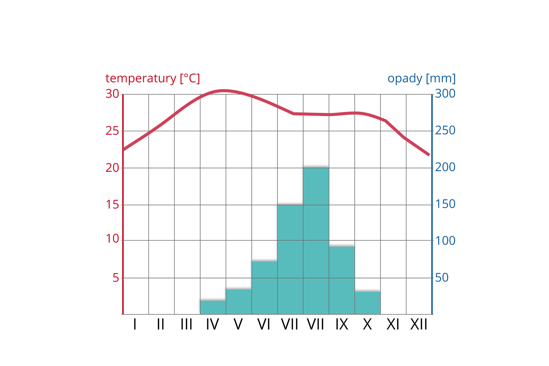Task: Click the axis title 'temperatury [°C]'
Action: pyautogui.click(x=152, y=78)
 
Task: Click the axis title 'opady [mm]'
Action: pyautogui.click(x=421, y=78)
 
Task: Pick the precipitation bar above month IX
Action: pyautogui.click(x=342, y=280)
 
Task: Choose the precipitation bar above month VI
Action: pyautogui.click(x=264, y=287)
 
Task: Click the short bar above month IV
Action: pyautogui.click(x=213, y=307)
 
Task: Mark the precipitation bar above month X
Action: pyautogui.click(x=367, y=303)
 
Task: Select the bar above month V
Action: pyautogui.click(x=239, y=302)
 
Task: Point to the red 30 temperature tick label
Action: pyautogui.click(x=112, y=94)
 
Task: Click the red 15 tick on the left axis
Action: pyautogui.click(x=112, y=205)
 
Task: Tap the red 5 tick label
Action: pyautogui.click(x=116, y=278)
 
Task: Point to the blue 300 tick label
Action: pyautogui.click(x=445, y=94)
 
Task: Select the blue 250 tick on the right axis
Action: pyautogui.click(x=445, y=131)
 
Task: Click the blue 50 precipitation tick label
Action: pyautogui.click(x=442, y=278)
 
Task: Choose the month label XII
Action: pyautogui.click(x=419, y=325)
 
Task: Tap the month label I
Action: pyautogui.click(x=135, y=325)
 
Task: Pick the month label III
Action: pyautogui.click(x=186, y=325)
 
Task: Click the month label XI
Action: pyautogui.click(x=393, y=325)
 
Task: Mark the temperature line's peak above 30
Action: pyautogui.click(x=224, y=91)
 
